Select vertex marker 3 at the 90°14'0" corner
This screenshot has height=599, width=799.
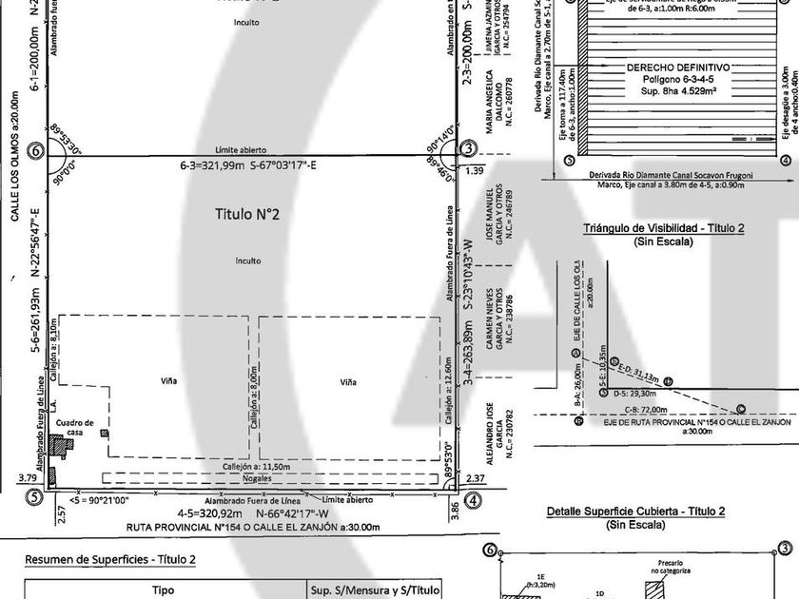click(468, 149)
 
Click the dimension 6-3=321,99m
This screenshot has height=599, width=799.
click(213, 165)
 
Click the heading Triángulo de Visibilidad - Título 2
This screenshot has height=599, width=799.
click(663, 229)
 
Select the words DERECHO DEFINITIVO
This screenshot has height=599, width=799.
click(679, 68)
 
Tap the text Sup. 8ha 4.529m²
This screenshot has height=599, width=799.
click(679, 92)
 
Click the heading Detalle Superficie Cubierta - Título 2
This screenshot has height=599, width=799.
click(636, 512)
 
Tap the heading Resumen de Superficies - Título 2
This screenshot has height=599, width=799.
click(109, 560)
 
